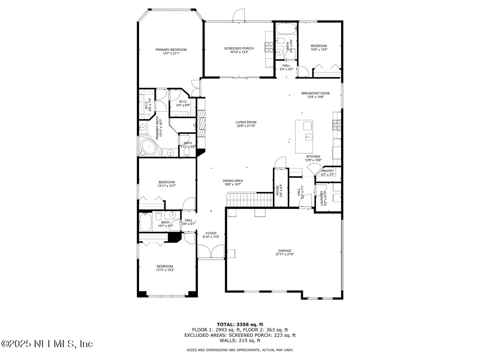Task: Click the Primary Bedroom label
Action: [171, 50]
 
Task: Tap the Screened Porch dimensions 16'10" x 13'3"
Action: [239, 52]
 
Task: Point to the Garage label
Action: [285, 251]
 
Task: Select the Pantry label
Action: [327, 171]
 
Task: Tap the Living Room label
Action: [246, 122]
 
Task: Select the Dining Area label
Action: [233, 181]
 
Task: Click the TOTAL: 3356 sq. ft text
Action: [240, 324]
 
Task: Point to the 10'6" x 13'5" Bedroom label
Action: [319, 46]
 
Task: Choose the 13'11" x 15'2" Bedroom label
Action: [165, 266]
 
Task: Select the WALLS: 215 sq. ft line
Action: [240, 340]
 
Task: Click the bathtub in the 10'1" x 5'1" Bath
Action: [146, 222]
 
